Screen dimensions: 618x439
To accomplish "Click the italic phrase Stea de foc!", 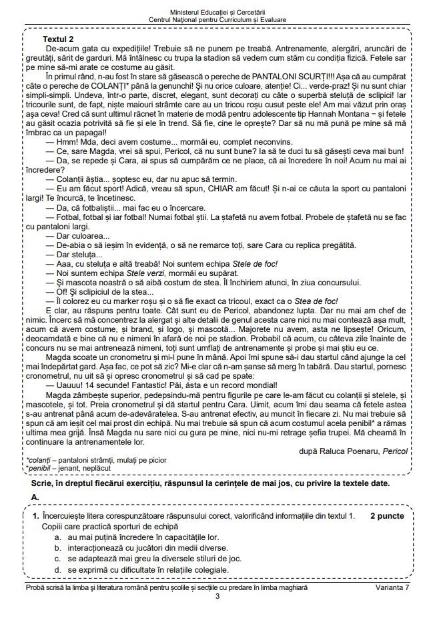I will click(x=316, y=301).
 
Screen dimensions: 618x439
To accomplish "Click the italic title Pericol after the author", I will click(x=396, y=451).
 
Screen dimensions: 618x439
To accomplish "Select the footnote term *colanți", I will click(x=39, y=460).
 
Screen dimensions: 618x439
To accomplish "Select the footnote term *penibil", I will click(x=39, y=468).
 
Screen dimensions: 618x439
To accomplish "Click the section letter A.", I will click(x=35, y=497).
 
